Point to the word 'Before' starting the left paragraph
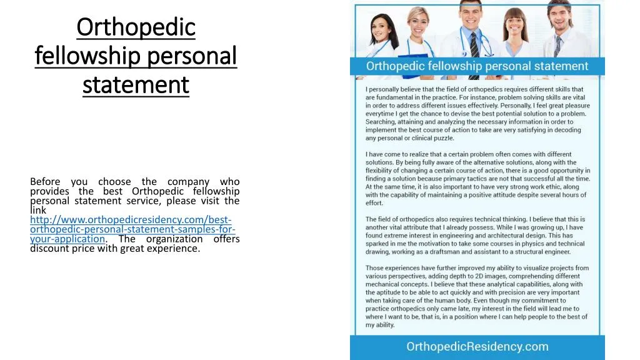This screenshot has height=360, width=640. tap(46, 182)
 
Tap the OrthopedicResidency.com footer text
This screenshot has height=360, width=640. tap(477, 347)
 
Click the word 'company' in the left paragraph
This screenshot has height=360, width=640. tap(186, 182)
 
